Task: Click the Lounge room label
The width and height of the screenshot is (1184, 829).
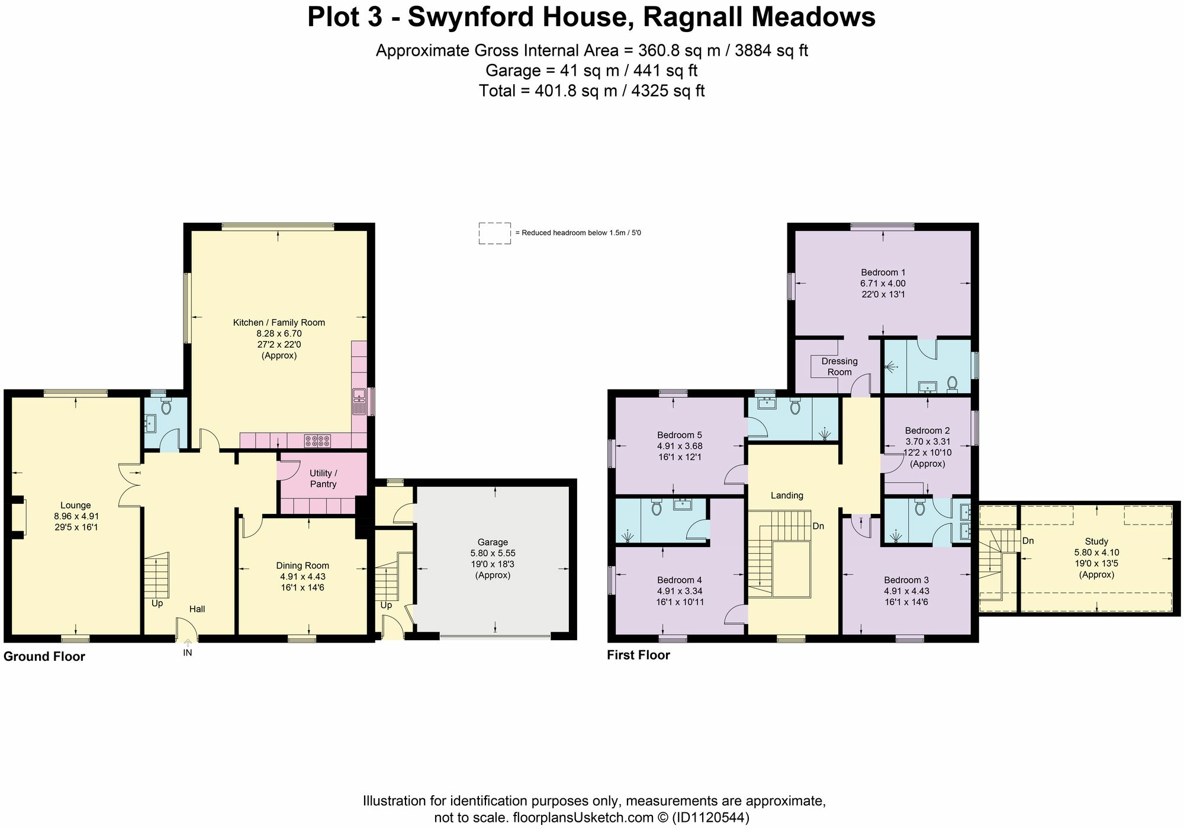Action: tap(76, 505)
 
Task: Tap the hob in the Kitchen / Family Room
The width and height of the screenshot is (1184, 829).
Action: tap(317, 441)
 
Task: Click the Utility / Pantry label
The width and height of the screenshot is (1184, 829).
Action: tap(323, 478)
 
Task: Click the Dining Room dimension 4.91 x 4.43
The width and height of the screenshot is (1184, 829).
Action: tap(303, 576)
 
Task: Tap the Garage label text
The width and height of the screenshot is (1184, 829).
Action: tap(493, 542)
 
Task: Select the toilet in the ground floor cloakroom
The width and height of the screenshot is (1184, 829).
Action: tap(166, 407)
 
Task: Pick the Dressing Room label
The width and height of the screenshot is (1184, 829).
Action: tap(839, 367)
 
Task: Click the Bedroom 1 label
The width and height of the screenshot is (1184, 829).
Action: tap(883, 272)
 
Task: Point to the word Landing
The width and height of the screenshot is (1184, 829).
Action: tap(787, 495)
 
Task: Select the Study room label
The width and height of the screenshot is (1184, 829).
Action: tap(1096, 541)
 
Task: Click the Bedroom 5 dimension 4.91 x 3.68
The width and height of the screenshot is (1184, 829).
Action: tap(680, 446)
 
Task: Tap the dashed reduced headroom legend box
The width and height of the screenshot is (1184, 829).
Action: tap(494, 233)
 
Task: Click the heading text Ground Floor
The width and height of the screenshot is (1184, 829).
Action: tap(44, 657)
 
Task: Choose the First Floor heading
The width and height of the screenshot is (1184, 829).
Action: tap(638, 656)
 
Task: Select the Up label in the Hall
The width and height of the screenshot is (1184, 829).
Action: tap(157, 603)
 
